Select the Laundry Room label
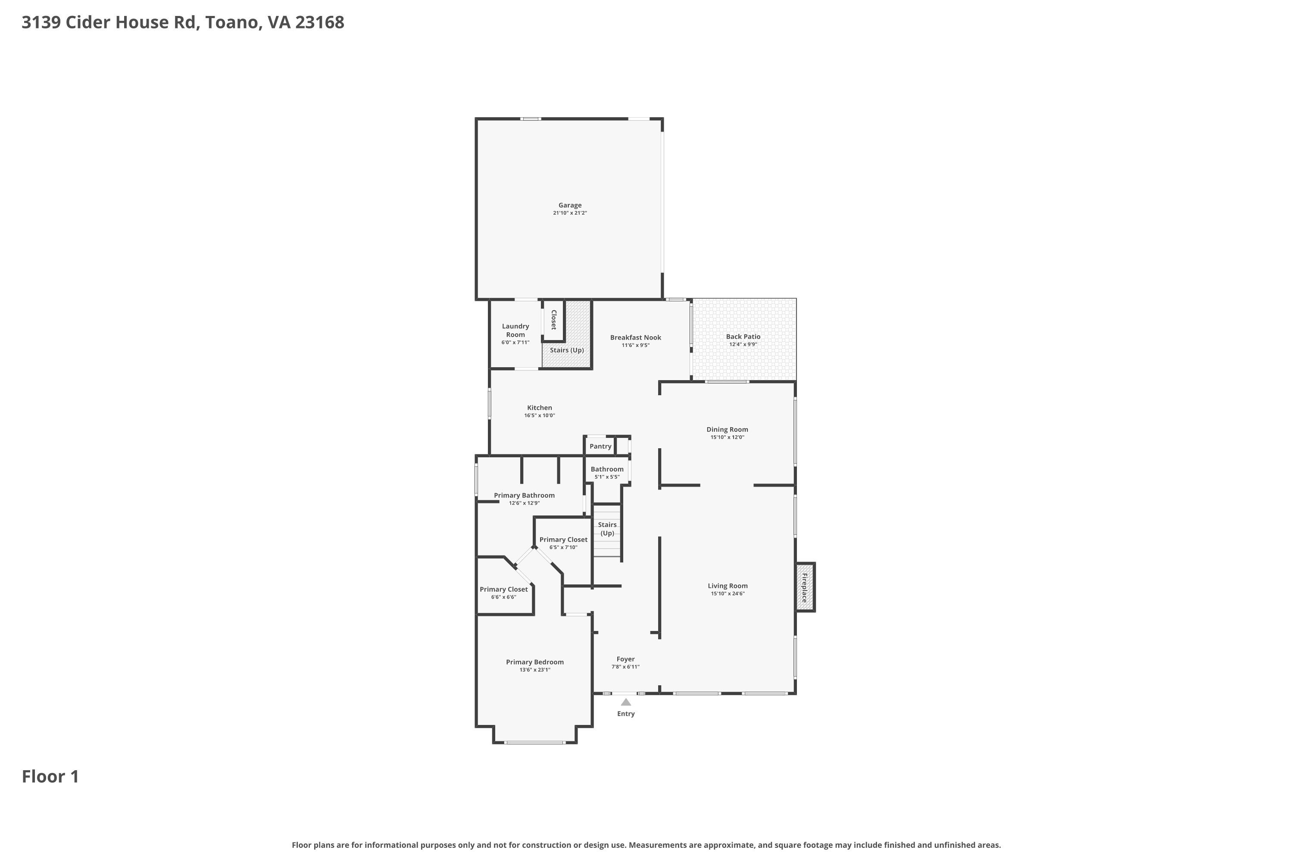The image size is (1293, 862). point(515,331)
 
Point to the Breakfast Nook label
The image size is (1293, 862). point(635,337)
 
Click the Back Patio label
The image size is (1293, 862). point(743,337)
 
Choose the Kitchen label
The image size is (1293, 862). point(539,407)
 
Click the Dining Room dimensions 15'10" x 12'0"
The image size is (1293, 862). point(728,437)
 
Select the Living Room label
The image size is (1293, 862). point(728,585)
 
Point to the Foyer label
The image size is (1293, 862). point(626,659)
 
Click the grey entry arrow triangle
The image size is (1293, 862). point(626,702)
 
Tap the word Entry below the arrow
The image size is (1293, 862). point(626,714)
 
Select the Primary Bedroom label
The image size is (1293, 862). point(535,662)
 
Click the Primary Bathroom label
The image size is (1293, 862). point(524,495)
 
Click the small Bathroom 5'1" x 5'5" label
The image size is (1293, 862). point(607,473)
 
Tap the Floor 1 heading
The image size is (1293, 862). point(50,776)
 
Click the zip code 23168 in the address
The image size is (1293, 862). point(319,22)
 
